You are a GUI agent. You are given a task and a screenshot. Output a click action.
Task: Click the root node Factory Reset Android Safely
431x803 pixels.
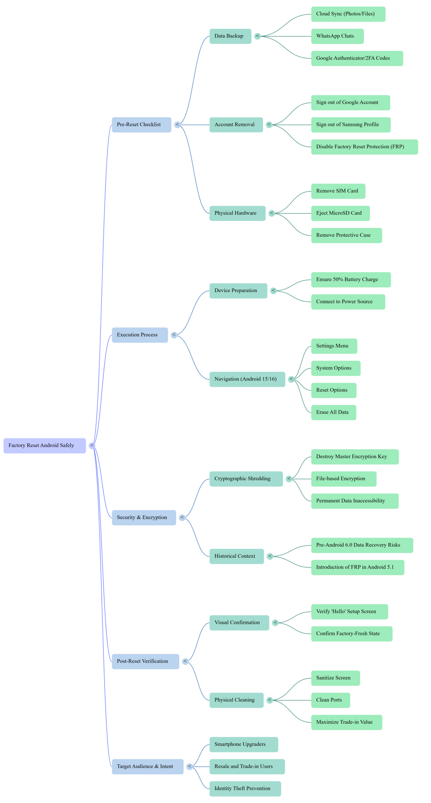(x=45, y=445)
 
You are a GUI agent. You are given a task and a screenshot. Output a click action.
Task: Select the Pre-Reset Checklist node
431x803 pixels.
(x=141, y=125)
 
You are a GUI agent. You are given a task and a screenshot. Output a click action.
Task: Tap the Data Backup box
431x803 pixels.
(x=230, y=36)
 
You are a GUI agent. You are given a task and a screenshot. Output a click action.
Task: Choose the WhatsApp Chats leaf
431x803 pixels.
(x=337, y=36)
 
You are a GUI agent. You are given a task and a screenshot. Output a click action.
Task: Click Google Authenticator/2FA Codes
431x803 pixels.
(x=357, y=58)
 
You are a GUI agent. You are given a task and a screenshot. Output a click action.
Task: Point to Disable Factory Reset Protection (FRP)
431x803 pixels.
(x=364, y=147)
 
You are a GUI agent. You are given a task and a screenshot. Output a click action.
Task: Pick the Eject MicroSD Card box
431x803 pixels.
(x=340, y=213)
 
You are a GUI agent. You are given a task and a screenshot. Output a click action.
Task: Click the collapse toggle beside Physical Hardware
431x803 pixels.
(x=272, y=213)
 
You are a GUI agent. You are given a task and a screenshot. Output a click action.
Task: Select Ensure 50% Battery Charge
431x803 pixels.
(x=351, y=279)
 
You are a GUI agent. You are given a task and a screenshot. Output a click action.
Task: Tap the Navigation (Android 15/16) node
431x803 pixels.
(x=247, y=379)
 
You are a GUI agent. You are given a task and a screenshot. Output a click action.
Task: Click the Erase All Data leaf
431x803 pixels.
(x=334, y=412)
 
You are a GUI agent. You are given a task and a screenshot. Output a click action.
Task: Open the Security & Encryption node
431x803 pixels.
(x=144, y=518)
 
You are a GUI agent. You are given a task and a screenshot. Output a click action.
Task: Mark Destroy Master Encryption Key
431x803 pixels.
(x=355, y=457)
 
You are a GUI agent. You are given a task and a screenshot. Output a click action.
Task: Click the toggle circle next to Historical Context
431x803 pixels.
(x=270, y=556)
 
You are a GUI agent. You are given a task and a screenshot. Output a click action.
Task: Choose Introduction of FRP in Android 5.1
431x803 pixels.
(x=357, y=567)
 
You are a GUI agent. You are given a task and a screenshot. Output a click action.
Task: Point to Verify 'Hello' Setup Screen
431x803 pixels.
(x=350, y=612)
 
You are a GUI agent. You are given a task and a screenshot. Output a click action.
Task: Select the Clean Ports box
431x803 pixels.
(x=330, y=700)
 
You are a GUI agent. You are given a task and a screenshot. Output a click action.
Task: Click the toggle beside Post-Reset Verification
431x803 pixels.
(x=185, y=661)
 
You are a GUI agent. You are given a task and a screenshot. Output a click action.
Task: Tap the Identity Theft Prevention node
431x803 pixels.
(x=245, y=789)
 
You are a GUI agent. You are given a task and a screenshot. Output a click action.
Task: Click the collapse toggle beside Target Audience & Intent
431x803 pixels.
(x=190, y=767)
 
